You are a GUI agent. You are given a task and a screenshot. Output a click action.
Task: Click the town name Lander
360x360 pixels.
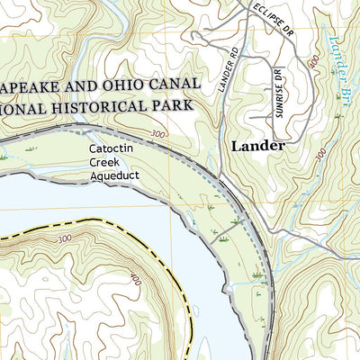(258, 145)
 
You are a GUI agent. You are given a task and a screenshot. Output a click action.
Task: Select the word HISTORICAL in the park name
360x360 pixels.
(112, 106)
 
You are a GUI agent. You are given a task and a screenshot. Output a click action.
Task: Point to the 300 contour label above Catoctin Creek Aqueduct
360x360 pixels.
(158, 134)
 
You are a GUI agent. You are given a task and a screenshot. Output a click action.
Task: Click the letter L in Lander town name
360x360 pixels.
(236, 145)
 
